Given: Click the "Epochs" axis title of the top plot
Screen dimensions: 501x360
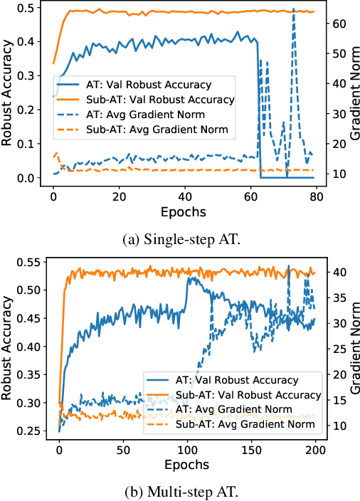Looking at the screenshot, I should [x=183, y=211].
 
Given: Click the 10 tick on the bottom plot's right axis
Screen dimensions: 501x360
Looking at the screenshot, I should [x=341, y=426].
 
